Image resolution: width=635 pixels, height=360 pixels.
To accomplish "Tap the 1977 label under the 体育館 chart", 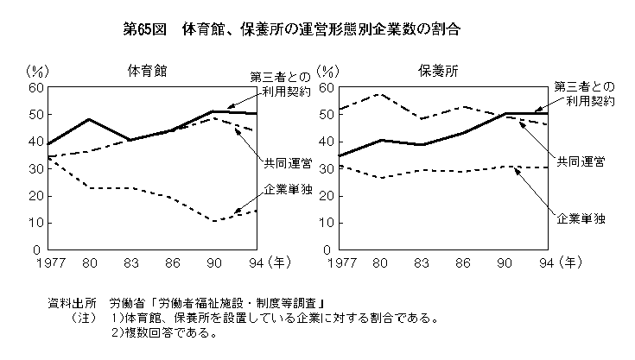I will coord(48,262).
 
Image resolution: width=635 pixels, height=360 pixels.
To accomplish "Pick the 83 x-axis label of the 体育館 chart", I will coord(130,262).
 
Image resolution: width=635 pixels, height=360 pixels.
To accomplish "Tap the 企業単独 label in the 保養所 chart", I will coord(579,218).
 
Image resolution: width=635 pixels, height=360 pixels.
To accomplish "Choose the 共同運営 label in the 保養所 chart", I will coord(579,161).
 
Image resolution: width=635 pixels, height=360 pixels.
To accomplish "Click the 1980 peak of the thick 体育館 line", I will coord(88,119).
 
